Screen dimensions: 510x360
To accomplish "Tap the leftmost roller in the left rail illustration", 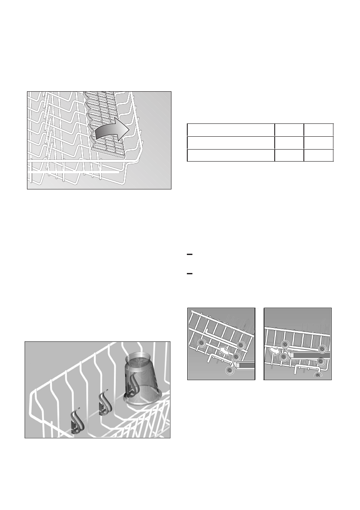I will coord(200,344).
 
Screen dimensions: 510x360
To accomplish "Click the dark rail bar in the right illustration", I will coord(309,355).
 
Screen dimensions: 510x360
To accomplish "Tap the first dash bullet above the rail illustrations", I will coord(189,255).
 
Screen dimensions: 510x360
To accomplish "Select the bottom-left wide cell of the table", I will coord(231,155).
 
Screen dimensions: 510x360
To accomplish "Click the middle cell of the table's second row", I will coord(289,143).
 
